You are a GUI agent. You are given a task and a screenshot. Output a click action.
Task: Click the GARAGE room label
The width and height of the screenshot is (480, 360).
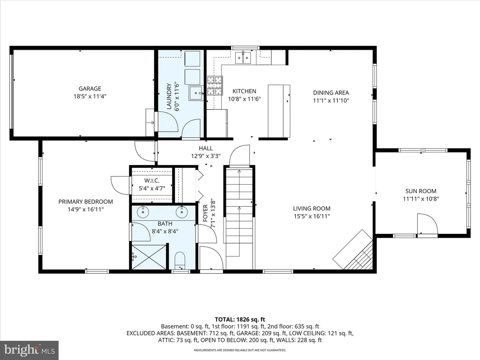click(x=90, y=89)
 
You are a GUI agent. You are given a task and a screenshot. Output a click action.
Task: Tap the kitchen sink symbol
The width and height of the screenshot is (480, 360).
click(x=243, y=58)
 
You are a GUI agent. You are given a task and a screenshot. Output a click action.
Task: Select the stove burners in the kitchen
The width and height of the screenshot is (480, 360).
click(x=215, y=85)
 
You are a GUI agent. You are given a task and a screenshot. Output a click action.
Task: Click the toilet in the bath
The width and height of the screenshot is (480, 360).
click(x=180, y=261)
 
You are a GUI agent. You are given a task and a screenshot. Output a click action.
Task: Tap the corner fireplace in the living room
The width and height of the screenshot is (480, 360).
click(x=353, y=250)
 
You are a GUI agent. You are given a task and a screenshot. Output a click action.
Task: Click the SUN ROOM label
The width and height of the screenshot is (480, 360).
click(x=420, y=191)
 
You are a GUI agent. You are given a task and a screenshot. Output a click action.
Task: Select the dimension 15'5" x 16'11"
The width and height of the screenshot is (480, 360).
click(x=311, y=216)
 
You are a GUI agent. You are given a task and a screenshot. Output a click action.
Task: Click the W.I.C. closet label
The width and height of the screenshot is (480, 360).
click(x=152, y=180)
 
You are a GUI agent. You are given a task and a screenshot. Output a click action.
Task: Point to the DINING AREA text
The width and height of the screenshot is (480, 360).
click(x=331, y=93)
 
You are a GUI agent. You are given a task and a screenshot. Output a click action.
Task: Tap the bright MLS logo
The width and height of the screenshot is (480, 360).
click(x=30, y=350)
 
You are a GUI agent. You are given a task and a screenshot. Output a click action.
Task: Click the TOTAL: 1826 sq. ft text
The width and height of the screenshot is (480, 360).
click(x=240, y=320)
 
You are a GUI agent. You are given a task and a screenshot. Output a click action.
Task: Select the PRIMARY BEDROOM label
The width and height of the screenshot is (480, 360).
click(x=86, y=202)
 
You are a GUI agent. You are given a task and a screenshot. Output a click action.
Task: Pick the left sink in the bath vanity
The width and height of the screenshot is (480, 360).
click(x=143, y=212)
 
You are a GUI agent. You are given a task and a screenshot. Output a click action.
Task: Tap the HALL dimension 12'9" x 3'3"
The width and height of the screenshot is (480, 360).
click(x=206, y=156)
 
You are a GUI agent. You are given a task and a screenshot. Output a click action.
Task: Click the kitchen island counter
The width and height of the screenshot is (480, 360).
click(x=279, y=111)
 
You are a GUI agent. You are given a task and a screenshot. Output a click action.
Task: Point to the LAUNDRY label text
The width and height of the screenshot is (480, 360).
click(x=169, y=96)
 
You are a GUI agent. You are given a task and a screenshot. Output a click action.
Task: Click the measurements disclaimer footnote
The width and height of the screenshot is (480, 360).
click(x=240, y=350)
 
